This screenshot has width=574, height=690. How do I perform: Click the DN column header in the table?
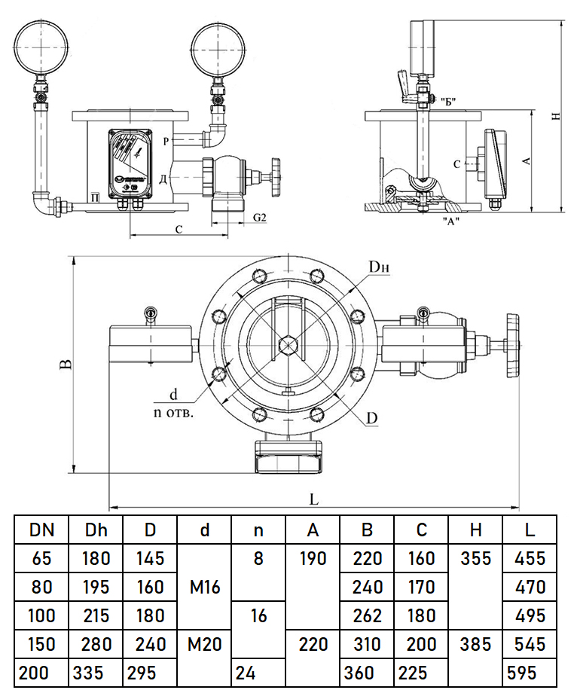(x=42, y=530)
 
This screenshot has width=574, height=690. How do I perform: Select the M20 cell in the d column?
(x=205, y=644)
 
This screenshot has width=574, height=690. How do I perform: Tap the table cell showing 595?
(x=530, y=672)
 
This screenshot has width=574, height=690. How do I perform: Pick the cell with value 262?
(x=367, y=615)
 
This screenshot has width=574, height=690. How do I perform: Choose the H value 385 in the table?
(x=475, y=644)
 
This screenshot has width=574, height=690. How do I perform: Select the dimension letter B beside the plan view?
(x=66, y=365)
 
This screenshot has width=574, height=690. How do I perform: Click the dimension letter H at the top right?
(x=555, y=116)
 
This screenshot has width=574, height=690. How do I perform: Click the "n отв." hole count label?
(x=174, y=413)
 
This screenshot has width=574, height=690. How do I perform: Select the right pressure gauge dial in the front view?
(x=218, y=45)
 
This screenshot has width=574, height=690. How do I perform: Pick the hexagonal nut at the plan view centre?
(x=287, y=345)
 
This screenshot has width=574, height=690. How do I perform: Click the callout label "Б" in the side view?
(x=450, y=100)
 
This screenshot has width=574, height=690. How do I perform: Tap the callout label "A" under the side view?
(x=450, y=221)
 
